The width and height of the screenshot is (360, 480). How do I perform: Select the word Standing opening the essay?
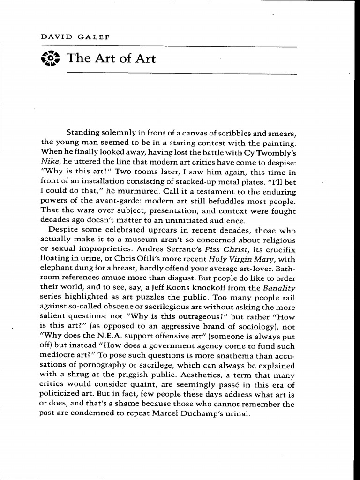tap(84, 132)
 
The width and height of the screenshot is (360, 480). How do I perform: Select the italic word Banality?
tap(279, 289)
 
